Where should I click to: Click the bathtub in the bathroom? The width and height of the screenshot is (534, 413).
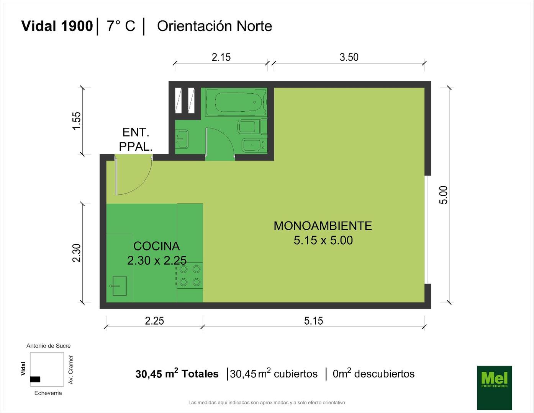point(236,102)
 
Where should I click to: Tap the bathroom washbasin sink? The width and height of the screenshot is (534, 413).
point(182,139)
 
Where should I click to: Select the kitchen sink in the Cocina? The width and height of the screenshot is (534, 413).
point(120,286)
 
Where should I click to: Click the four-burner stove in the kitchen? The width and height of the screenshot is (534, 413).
point(190,276)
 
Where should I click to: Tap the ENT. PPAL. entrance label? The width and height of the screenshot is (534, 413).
point(136,140)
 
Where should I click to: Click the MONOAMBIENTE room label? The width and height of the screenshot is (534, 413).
point(323,226)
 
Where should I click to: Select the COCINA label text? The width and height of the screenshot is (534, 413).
point(157,246)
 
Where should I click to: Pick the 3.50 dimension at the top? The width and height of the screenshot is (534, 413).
point(349,57)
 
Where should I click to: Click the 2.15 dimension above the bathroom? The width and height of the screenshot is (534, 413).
point(221,57)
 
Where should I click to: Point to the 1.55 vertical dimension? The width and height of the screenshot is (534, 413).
point(77,121)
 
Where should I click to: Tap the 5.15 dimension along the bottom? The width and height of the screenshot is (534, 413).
point(314,321)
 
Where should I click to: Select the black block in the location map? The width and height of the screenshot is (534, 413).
point(35,379)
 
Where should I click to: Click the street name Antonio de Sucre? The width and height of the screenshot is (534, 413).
point(48,346)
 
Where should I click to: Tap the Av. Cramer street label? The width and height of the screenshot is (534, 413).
point(71,369)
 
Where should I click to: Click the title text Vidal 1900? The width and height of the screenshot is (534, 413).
point(57,26)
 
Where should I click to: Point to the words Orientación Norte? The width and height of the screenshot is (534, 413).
point(215,26)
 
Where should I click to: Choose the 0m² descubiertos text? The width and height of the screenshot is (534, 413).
point(373,373)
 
